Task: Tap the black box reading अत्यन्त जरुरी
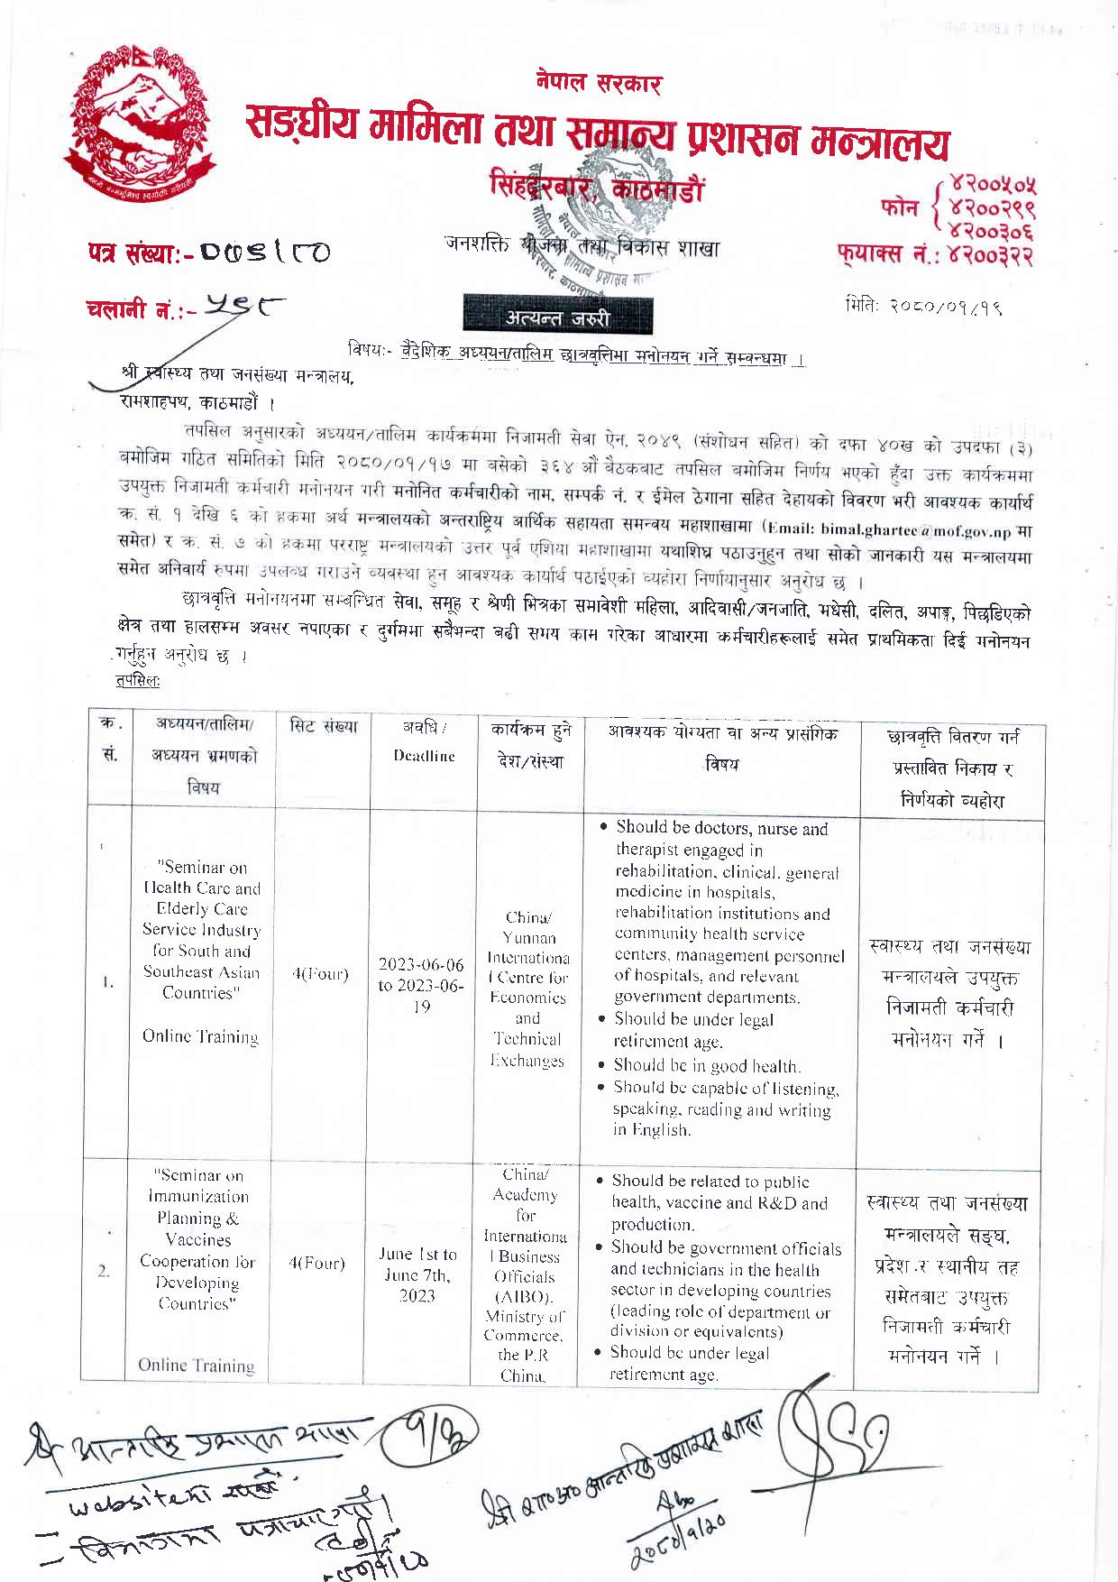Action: click(557, 317)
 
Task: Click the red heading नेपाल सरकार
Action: click(598, 85)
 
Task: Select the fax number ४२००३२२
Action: click(987, 257)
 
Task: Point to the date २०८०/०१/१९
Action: click(925, 306)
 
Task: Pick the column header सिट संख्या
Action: click(324, 727)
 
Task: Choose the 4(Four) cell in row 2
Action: click(317, 1264)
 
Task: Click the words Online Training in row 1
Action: click(200, 1036)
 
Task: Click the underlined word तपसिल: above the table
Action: click(138, 680)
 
